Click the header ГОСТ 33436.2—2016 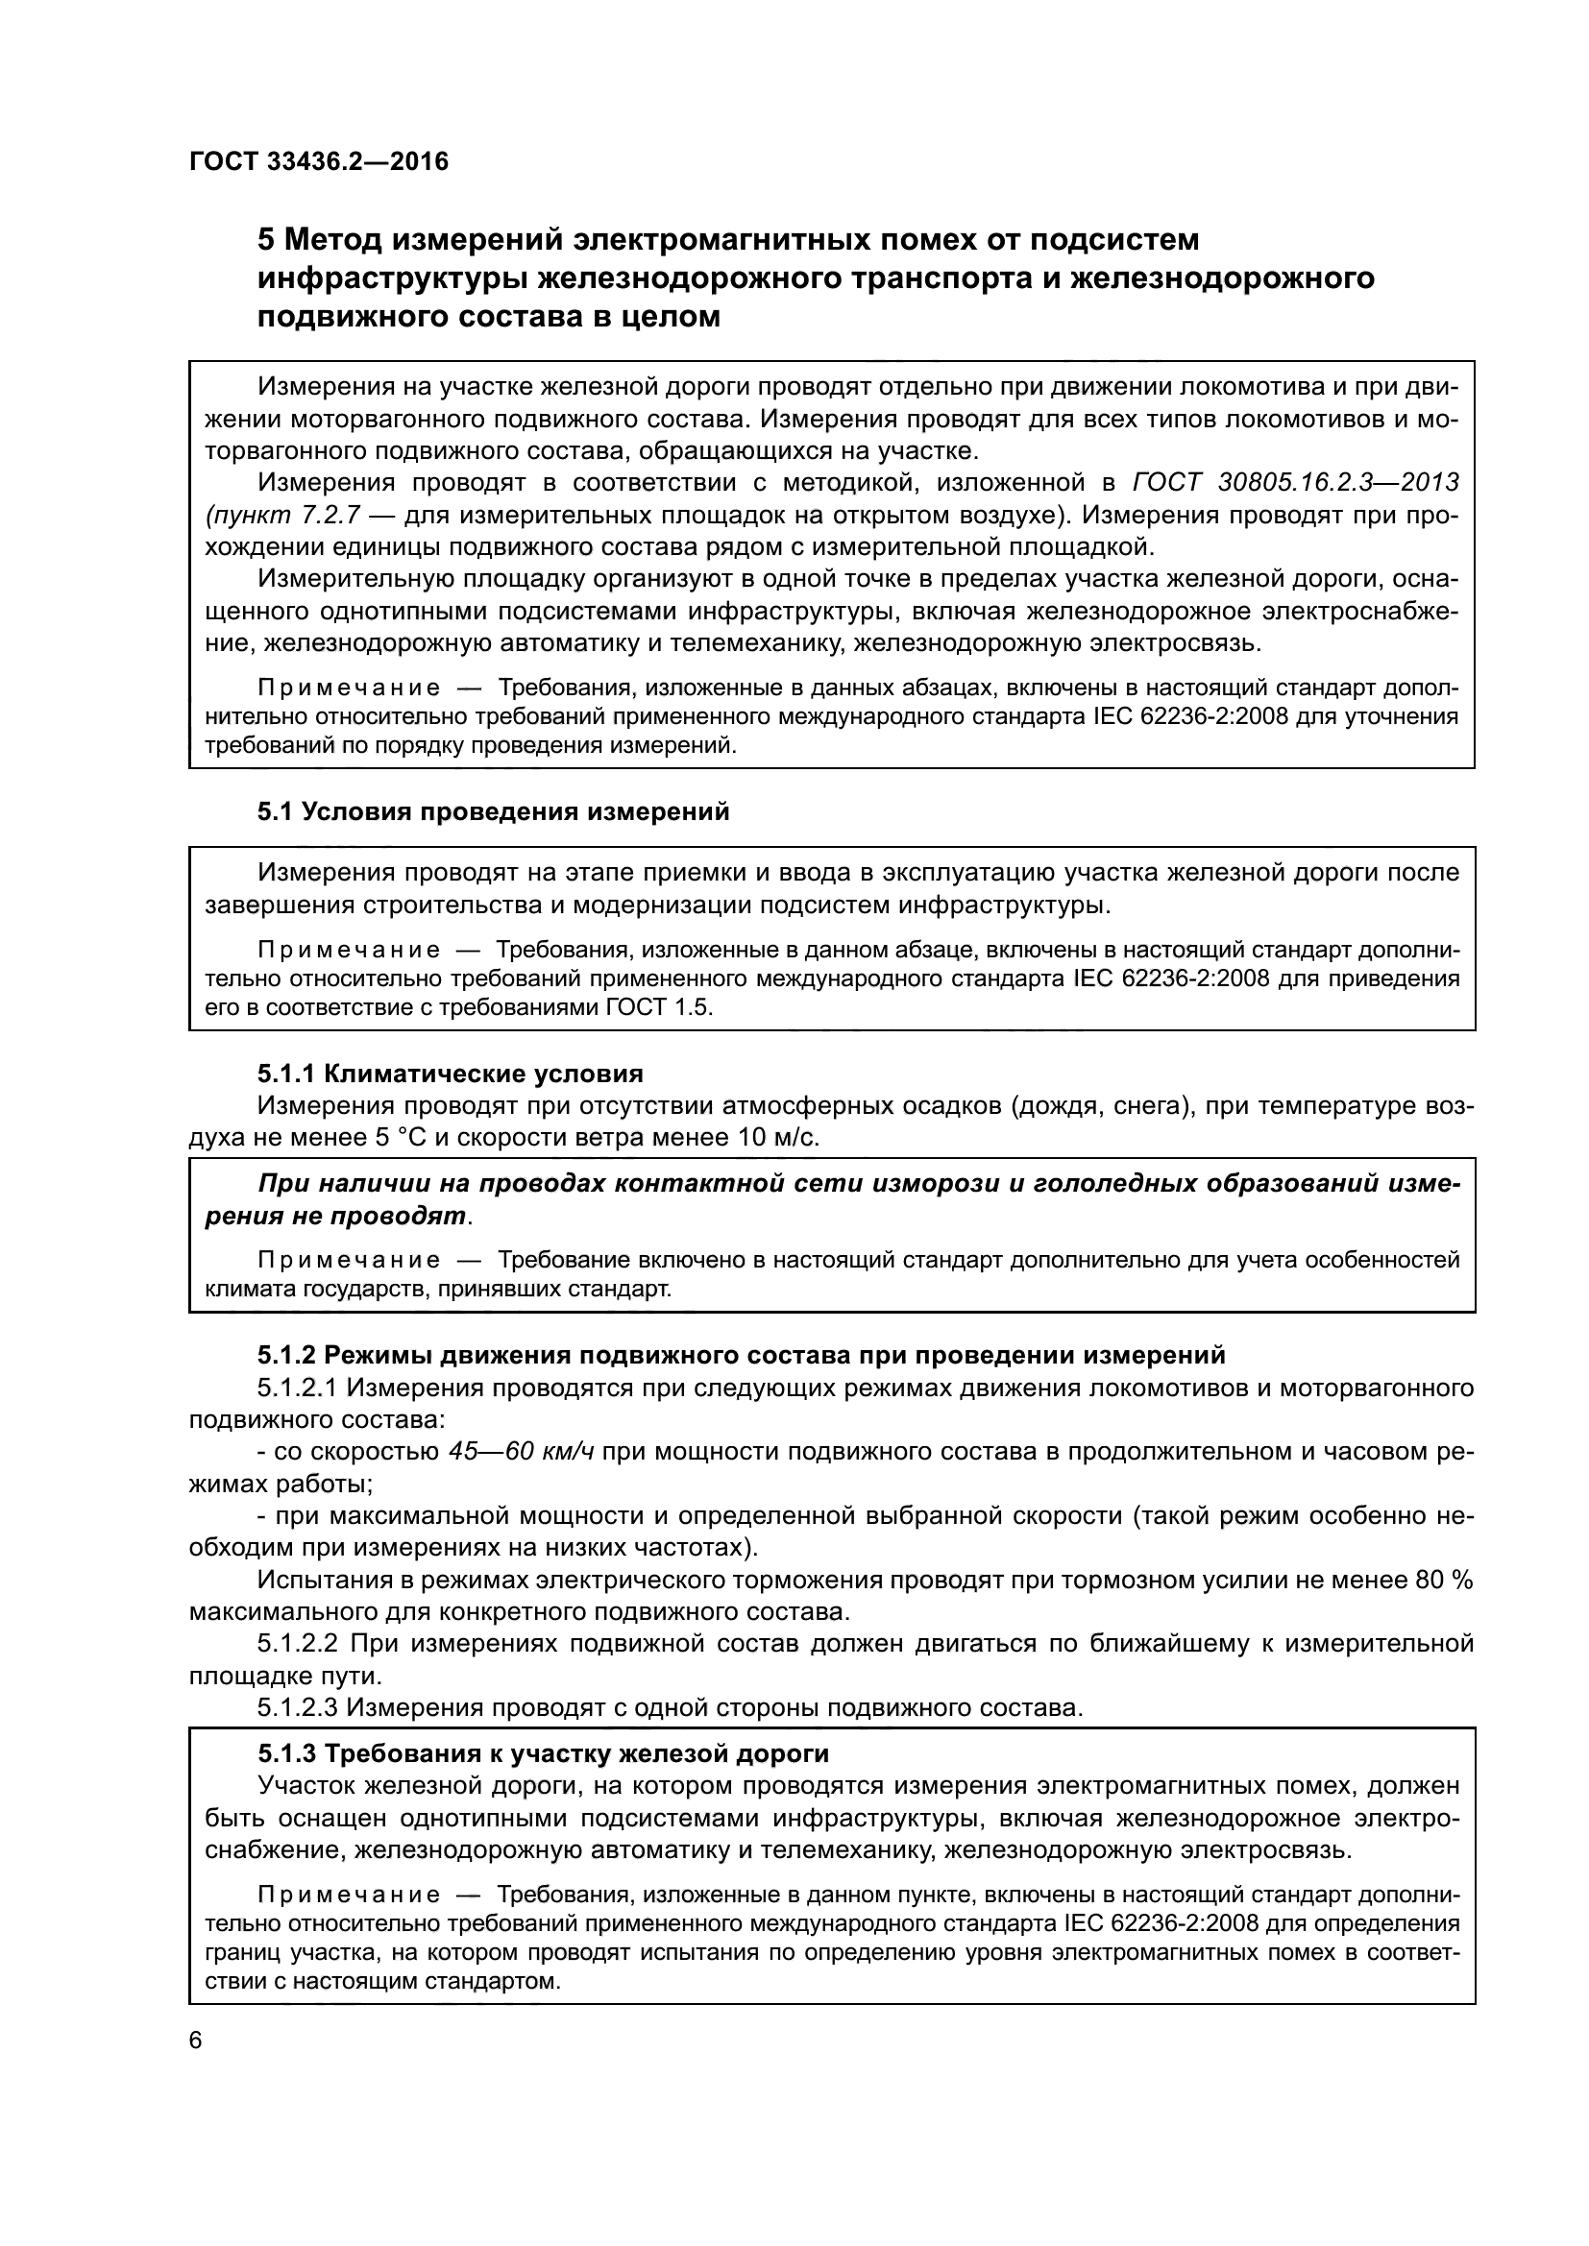319,162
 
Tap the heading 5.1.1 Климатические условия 450,1075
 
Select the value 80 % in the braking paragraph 1444,1580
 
